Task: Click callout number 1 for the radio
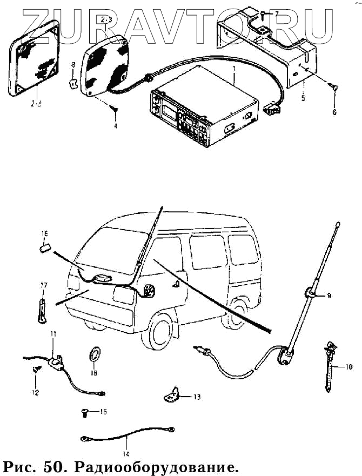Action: tap(234, 70)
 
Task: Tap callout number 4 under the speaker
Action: tap(115, 126)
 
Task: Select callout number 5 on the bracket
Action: tap(303, 99)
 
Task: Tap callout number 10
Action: tap(348, 367)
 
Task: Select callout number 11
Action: tap(53, 335)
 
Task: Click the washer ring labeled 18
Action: tap(94, 355)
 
